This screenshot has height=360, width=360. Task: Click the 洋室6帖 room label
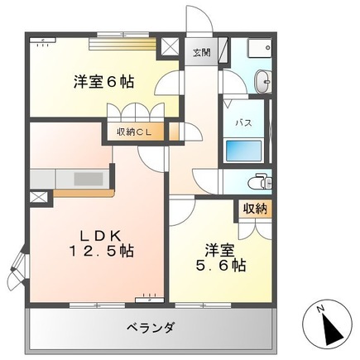103,83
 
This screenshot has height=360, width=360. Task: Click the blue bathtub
244,151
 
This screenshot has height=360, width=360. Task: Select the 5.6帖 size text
214,265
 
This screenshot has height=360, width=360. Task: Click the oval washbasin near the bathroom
262,80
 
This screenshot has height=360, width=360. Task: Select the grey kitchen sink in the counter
87,178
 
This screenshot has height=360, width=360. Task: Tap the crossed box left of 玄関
170,47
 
